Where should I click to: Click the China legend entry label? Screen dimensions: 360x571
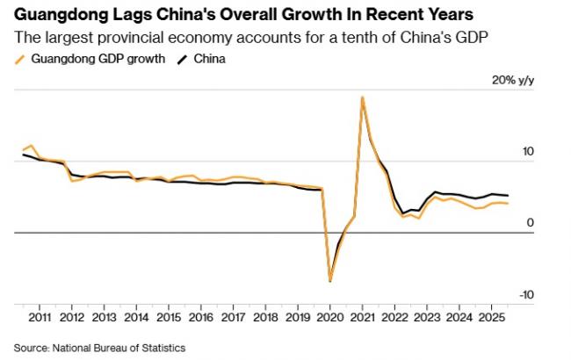click(x=207, y=59)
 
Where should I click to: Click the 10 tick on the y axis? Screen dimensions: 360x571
click(x=529, y=152)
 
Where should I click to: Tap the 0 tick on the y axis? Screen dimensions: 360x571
click(x=531, y=223)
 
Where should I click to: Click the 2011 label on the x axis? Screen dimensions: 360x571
click(x=39, y=316)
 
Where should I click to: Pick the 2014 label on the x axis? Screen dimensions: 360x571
click(x=136, y=316)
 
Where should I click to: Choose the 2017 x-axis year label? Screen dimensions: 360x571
click(x=233, y=316)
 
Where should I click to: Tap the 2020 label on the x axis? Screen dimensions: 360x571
click(x=329, y=316)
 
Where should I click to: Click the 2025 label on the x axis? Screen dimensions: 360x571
click(x=491, y=316)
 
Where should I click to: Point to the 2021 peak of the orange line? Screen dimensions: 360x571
click(x=362, y=97)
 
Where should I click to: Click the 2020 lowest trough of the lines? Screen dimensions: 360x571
click(x=330, y=281)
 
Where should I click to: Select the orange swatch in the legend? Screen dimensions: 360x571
click(x=20, y=60)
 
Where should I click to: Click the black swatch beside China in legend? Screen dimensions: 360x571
click(x=183, y=60)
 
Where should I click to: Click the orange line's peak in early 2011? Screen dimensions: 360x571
click(x=32, y=146)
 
